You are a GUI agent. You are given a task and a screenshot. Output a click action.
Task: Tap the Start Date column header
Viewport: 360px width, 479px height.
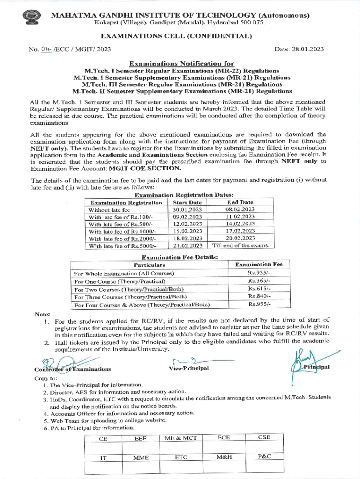pos(187,202)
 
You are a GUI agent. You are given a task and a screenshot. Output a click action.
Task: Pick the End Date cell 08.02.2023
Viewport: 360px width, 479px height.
pos(240,210)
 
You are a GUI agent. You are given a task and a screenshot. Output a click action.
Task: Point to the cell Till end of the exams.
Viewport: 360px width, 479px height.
pos(241,245)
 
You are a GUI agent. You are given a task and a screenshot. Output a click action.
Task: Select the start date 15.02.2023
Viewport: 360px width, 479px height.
pos(187,231)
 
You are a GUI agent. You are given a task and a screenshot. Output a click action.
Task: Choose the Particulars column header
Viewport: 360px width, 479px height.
pos(149,265)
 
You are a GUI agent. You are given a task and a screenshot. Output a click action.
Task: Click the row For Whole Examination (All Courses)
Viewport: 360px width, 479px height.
pos(124,273)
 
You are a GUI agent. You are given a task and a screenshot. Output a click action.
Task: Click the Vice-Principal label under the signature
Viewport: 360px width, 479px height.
pos(188,369)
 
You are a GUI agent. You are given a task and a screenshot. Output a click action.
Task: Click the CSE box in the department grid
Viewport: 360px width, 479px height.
pos(264,438)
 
